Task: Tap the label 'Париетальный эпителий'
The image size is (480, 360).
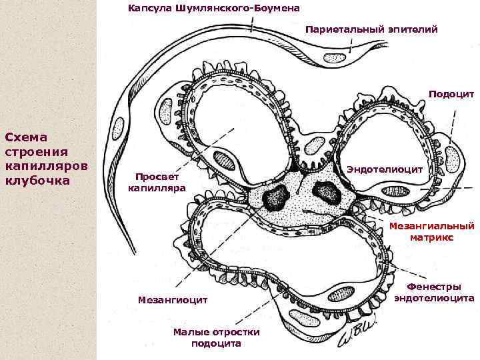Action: (371, 29)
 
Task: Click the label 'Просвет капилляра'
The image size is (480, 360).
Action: (157, 182)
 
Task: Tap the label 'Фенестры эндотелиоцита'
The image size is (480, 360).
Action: (434, 292)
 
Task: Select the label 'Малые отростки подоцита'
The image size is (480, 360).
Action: (216, 337)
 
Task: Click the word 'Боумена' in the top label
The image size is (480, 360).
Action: (275, 8)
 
